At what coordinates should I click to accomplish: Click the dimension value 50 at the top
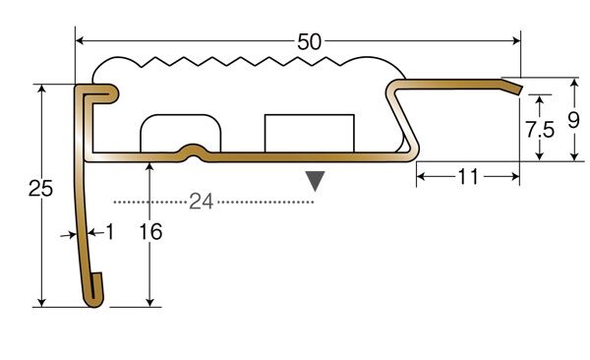[x=310, y=41]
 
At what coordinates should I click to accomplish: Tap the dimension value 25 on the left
[x=40, y=188]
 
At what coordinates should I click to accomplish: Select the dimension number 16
[x=150, y=231]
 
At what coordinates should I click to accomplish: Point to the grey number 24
[x=202, y=202]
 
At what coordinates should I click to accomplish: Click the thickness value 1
[x=109, y=231]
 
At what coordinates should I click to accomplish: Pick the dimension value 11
[x=468, y=177]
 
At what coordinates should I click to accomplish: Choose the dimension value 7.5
[x=540, y=130]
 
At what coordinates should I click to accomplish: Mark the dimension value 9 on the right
[x=573, y=121]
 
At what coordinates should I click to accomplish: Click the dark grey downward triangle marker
[x=315, y=181]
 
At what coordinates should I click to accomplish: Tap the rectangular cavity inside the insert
[x=310, y=134]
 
